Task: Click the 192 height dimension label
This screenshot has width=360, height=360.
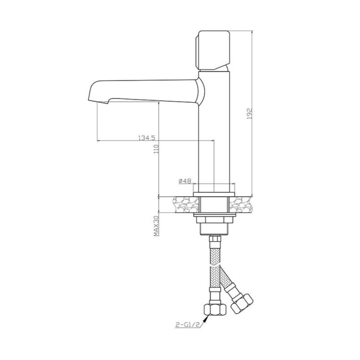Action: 250,113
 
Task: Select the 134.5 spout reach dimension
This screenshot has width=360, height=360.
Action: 147,138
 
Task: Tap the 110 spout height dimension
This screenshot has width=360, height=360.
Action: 157,149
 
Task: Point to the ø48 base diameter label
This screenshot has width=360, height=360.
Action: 185,181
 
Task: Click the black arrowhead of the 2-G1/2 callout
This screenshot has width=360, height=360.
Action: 206,319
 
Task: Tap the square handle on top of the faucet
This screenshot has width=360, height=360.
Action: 213,50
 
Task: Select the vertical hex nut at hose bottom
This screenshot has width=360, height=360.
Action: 215,310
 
